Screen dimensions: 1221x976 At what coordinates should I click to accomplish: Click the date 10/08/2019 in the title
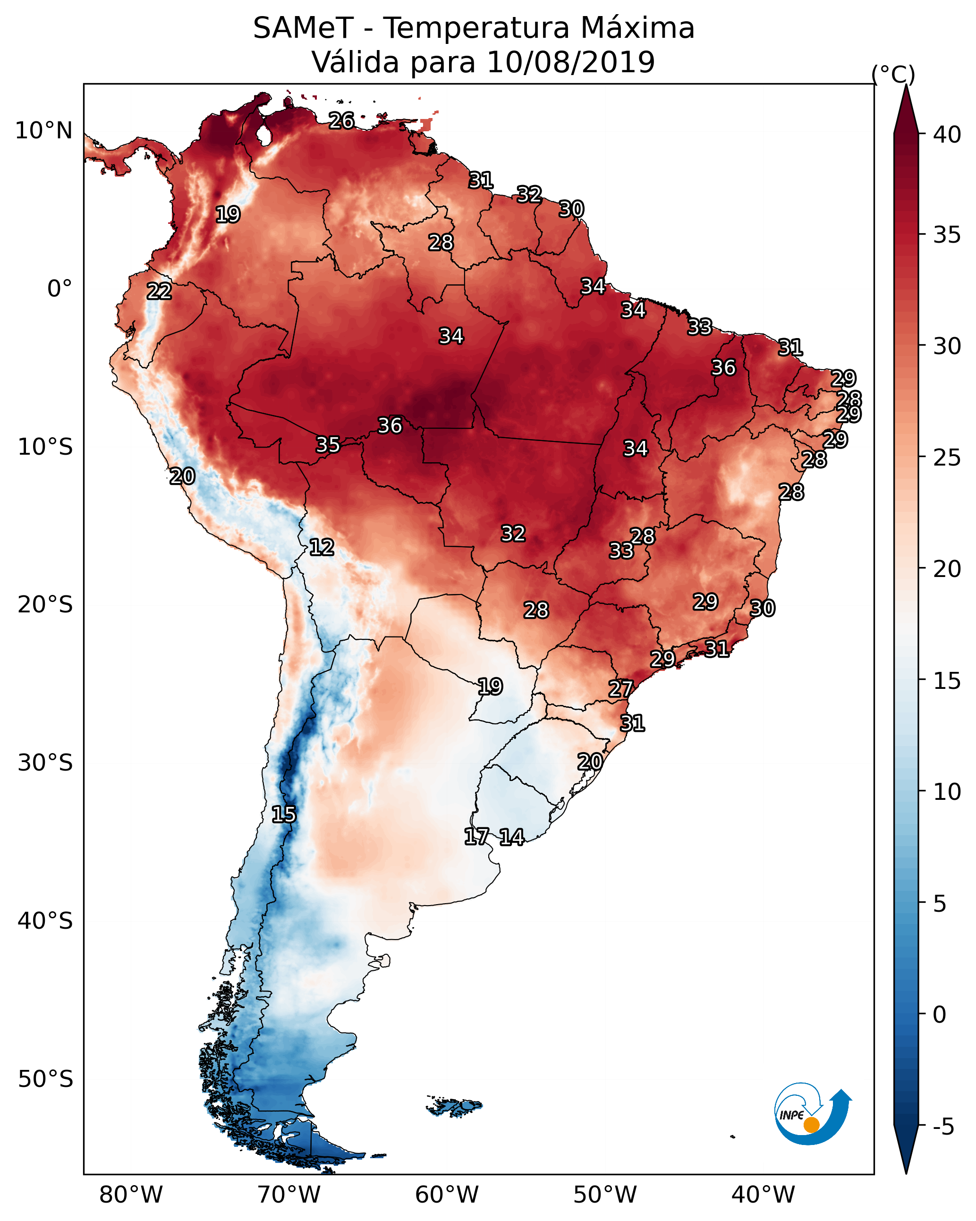[x=570, y=62]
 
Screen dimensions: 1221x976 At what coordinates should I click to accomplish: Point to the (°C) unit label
[x=893, y=74]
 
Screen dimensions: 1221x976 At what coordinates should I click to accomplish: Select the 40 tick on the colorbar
[x=947, y=135]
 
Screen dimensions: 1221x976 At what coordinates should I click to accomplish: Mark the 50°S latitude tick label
[x=45, y=1079]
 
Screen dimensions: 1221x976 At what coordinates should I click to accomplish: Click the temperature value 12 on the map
[x=322, y=547]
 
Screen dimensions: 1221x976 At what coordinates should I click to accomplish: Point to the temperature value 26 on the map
[x=341, y=120]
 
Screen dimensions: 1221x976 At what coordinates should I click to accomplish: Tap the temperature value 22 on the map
[x=159, y=291]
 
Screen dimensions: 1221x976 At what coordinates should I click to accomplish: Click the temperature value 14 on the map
[x=511, y=837]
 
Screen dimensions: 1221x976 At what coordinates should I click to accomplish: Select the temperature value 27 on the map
[x=620, y=689]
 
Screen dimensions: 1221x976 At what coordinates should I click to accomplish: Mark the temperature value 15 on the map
[x=283, y=814]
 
